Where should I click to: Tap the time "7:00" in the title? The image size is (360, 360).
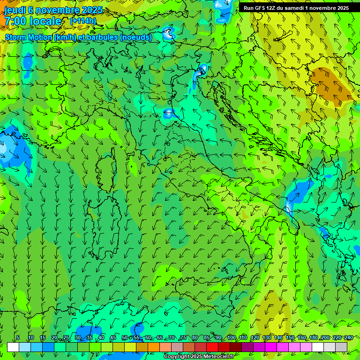[x=15, y=21]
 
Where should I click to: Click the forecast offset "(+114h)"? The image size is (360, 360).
[x=83, y=21]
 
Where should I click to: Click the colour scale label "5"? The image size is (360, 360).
[x=17, y=338]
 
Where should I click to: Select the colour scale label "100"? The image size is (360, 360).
[x=231, y=338]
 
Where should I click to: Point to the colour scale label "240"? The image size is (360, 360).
[x=348, y=338]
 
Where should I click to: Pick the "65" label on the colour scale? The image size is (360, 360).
[x=160, y=338]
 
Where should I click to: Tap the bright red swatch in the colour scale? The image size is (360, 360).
[x=212, y=347]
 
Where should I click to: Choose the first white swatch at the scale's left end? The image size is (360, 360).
[x=13, y=347]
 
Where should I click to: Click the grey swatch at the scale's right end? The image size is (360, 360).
[x=341, y=347]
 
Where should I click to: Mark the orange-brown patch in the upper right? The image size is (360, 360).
[x=330, y=83]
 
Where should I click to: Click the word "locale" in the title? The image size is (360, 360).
[x=45, y=21]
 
